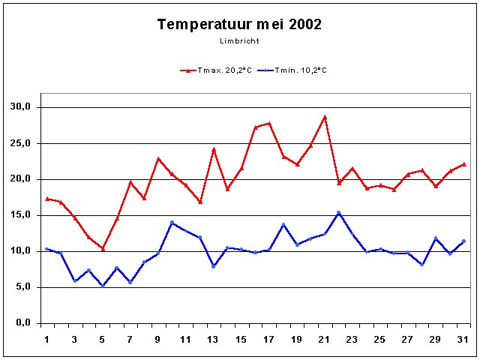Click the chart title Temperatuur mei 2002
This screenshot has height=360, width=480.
(239, 24)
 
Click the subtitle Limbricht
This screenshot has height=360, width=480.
(239, 40)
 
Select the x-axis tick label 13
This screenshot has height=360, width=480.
(214, 340)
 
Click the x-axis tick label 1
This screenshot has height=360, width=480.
(46, 340)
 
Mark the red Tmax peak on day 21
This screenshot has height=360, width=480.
(325, 117)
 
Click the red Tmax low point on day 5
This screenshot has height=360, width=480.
(102, 248)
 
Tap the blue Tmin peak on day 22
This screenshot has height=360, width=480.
(339, 212)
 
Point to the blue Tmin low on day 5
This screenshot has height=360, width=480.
(102, 286)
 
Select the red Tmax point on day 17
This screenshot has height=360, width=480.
(269, 123)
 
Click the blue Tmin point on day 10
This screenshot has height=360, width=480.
(172, 223)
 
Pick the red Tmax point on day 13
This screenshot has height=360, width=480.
(214, 149)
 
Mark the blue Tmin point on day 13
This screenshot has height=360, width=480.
(214, 266)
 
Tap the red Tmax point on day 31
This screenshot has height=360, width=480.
(464, 164)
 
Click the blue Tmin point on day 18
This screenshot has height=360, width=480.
(283, 224)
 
